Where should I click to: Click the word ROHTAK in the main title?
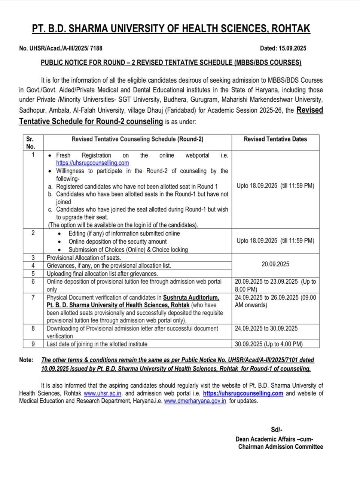click(290, 29)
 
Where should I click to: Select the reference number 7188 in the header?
click(95, 48)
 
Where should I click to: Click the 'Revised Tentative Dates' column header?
click(275, 139)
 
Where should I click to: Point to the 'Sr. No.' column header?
click(30, 143)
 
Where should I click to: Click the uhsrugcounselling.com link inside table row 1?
click(92, 163)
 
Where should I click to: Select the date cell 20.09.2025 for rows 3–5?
click(275, 264)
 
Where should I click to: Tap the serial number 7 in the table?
click(33, 298)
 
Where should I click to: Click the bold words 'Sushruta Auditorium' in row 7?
click(191, 298)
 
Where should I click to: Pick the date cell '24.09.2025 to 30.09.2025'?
click(266, 329)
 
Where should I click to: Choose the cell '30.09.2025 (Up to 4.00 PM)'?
click(269, 344)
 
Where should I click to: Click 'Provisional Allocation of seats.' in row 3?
click(84, 258)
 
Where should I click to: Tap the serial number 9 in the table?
click(33, 344)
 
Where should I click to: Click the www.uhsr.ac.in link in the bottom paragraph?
click(102, 393)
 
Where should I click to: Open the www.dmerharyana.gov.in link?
click(195, 401)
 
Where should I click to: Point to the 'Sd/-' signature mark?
click(277, 430)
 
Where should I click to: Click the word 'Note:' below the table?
click(26, 360)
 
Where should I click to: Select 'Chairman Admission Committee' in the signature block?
click(280, 446)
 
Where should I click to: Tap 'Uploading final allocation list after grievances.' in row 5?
click(97, 274)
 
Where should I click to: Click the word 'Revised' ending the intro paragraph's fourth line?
click(309, 110)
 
